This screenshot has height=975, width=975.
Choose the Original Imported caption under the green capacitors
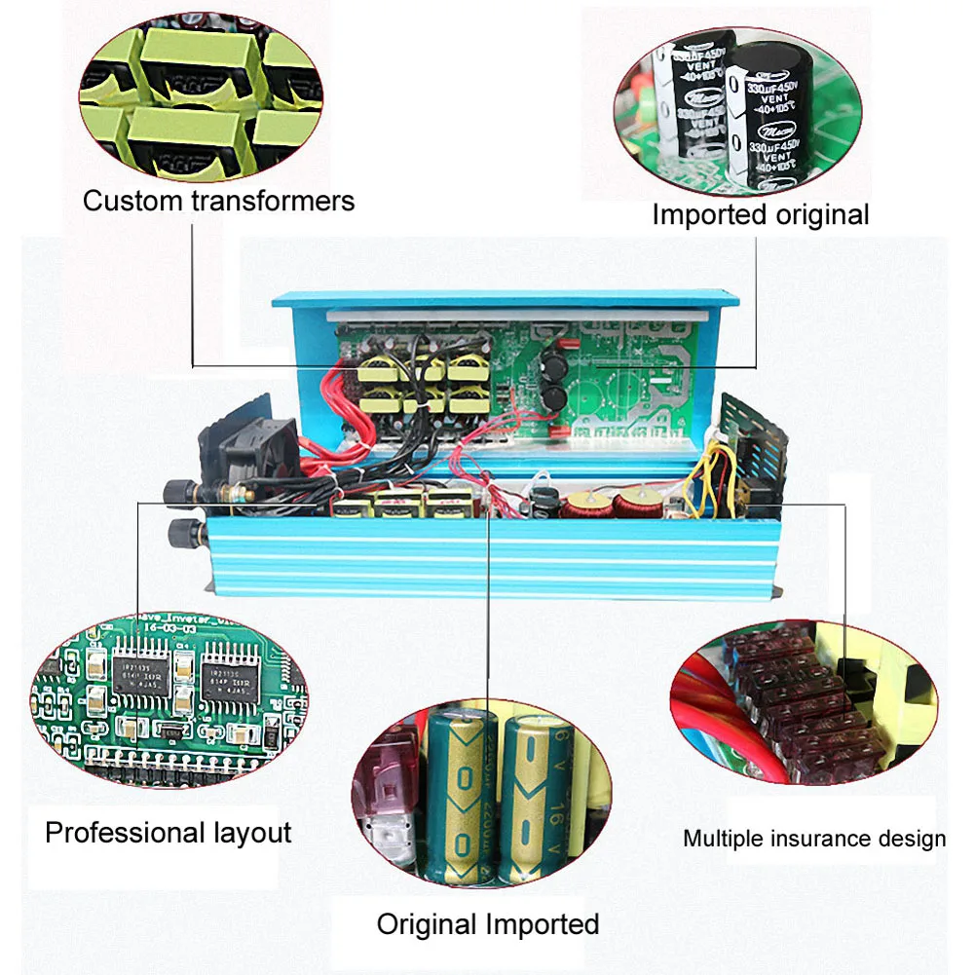click(487, 923)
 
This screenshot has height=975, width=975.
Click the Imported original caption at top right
click(760, 214)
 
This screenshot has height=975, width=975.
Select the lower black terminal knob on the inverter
click(180, 533)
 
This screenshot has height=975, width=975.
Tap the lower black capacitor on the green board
click(552, 396)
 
